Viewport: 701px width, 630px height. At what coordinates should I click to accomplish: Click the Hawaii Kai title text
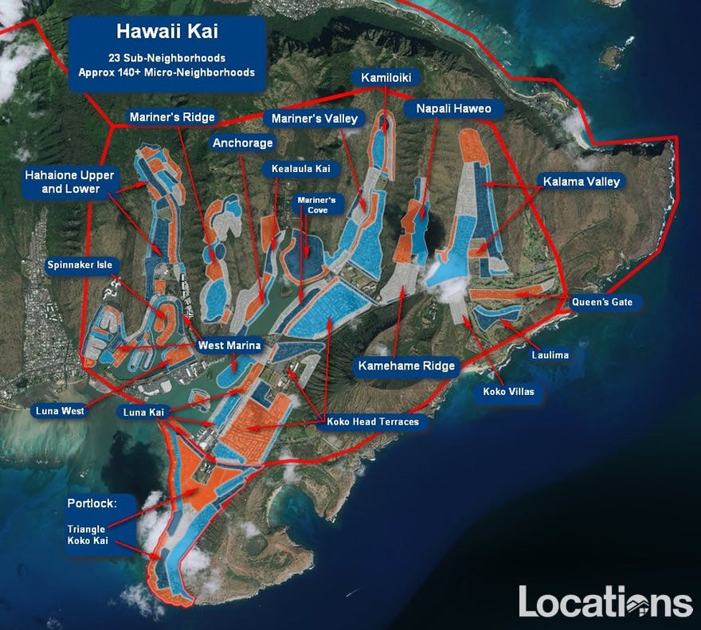coord(166,32)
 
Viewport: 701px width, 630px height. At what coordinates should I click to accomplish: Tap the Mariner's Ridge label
coord(172,117)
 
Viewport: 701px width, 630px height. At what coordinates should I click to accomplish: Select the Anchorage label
coord(242,143)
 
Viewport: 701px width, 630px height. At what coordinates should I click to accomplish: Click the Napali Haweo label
coord(453,108)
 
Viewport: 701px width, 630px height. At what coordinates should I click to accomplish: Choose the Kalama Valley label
coord(581,182)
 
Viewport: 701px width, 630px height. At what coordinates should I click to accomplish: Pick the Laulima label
coord(550,354)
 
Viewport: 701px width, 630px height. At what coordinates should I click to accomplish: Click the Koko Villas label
coord(508,392)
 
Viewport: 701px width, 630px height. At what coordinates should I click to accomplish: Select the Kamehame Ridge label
coord(406,366)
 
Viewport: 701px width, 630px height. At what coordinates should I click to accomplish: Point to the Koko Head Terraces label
coord(372,421)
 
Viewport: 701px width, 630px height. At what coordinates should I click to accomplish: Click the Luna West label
coord(60,411)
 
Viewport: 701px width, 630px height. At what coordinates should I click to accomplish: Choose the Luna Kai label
coord(144,412)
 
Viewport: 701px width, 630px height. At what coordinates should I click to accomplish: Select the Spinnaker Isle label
coord(83,264)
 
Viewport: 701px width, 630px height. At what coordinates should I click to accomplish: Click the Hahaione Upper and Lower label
coord(69,182)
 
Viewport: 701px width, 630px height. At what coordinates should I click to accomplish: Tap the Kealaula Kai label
coord(300,169)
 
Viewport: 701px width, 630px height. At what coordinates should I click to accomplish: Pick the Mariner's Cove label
coord(316,205)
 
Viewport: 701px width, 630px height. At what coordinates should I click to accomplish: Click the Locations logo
coord(605,601)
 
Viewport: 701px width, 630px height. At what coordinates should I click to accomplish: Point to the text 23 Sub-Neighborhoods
coord(166,58)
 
